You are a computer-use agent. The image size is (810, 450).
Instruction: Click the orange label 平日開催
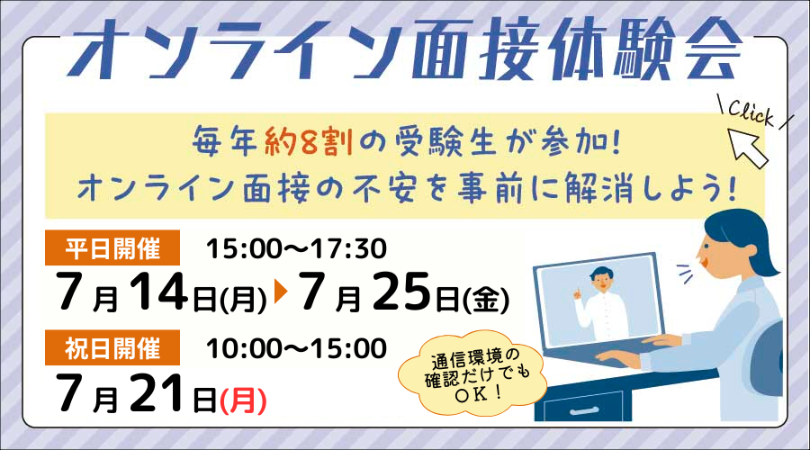[112, 247]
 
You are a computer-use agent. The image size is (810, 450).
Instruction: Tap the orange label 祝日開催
[112, 347]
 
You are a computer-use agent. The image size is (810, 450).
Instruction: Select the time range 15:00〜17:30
[296, 248]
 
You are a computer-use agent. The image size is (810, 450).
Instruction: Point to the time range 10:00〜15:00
[296, 348]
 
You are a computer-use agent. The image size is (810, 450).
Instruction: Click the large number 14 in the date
[158, 292]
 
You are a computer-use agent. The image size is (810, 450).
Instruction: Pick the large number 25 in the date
[401, 292]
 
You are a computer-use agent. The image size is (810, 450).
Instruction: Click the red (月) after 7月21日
[243, 400]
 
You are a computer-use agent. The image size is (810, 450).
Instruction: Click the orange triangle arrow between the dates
[281, 292]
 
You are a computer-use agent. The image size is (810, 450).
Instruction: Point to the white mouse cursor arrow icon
[747, 148]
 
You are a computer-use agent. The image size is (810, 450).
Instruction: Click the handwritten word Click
[751, 113]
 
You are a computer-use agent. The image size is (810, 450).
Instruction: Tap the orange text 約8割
[309, 141]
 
